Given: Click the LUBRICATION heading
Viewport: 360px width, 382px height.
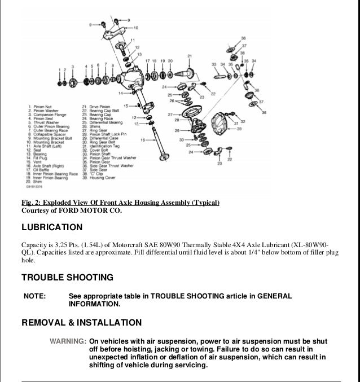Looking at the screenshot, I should [x=52, y=227].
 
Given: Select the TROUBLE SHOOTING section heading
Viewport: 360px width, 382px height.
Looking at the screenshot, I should [x=67, y=277].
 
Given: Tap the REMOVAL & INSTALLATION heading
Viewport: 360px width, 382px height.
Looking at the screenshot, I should [x=81, y=323].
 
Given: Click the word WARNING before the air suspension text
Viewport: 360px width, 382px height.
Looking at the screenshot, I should [x=68, y=342].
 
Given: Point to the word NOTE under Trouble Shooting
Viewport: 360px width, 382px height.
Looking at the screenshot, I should [x=34, y=296].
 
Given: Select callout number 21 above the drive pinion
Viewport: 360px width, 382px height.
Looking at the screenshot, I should [x=190, y=55].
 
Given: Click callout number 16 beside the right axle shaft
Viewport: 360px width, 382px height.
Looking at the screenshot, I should [x=143, y=139].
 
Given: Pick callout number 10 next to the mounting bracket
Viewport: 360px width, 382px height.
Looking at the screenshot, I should [x=136, y=28].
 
